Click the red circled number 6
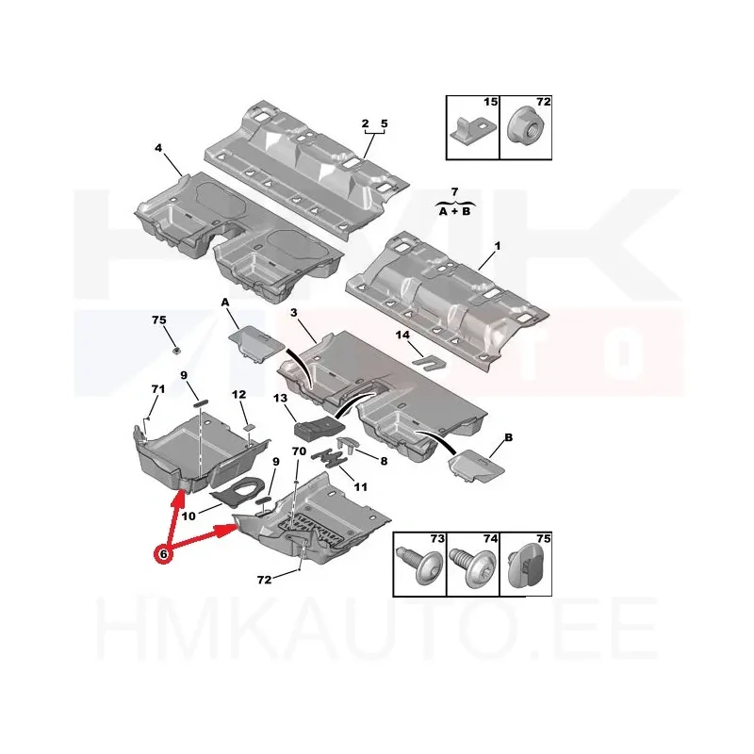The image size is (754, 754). tap(163, 554)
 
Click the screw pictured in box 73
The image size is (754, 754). tap(416, 565)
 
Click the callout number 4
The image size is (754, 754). tap(158, 148)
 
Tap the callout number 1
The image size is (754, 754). tap(498, 246)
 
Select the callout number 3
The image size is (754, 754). tap(294, 313)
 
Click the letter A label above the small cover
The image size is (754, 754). tap(225, 302)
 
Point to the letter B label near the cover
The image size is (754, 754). tap(508, 437)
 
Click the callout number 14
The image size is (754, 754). tap(402, 335)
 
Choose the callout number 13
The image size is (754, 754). tap(280, 398)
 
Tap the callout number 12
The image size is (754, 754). tap(238, 394)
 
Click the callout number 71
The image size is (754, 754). tap(157, 388)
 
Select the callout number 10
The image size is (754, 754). tap(188, 516)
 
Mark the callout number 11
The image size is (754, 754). tap(360, 487)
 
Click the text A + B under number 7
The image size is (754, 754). tap(454, 211)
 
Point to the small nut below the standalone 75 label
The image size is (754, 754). tap(176, 350)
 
